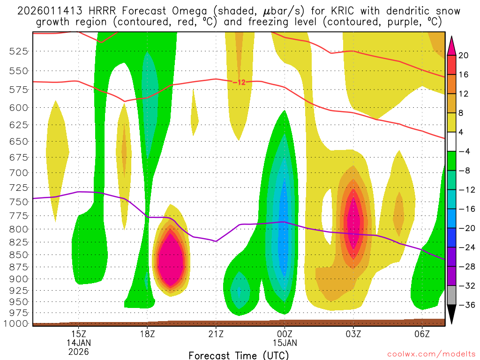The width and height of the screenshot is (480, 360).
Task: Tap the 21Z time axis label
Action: click(216, 334)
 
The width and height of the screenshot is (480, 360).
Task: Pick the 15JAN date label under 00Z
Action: click(285, 343)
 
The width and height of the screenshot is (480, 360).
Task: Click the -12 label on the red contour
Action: click(239, 82)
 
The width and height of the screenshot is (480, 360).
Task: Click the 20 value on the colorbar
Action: click(464, 55)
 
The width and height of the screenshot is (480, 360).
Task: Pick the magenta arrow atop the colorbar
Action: click(452, 45)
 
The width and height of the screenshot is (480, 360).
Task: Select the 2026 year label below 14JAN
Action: click(78, 351)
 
